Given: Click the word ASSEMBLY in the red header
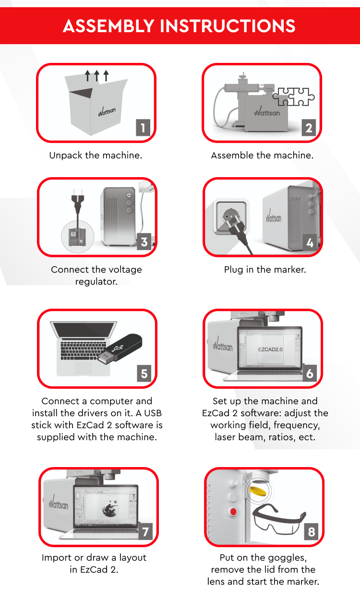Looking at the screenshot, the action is tap(108, 26).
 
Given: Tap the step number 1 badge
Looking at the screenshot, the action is tap(143, 127).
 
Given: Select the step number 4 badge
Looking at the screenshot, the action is tap(310, 242).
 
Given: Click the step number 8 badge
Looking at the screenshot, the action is tap(311, 531).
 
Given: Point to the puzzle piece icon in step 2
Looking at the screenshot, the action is tap(294, 96).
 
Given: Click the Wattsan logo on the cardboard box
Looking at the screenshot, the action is tap(107, 111).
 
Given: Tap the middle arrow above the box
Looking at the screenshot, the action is tap(97, 76).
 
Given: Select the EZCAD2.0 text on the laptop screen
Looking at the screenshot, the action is tap(270, 349).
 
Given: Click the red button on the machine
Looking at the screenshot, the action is tap(233, 511).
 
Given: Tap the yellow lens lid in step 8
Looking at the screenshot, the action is tap(258, 491).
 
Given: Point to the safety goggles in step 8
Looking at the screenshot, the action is tap(279, 519).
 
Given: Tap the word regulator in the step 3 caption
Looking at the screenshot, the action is tap(96, 282).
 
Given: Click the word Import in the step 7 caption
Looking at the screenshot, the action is tap(57, 558).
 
